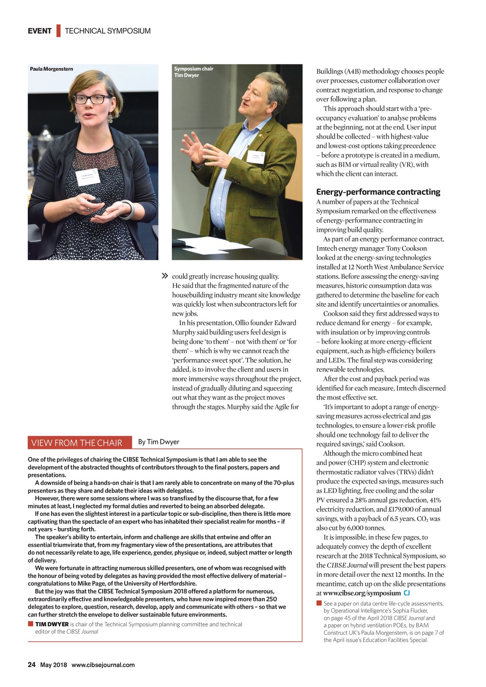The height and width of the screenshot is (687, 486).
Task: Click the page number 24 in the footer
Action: click(31, 665)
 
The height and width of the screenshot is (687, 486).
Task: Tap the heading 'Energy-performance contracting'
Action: click(378, 192)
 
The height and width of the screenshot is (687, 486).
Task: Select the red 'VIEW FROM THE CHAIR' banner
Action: click(76, 443)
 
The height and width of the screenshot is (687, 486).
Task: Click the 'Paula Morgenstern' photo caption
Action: click(51, 69)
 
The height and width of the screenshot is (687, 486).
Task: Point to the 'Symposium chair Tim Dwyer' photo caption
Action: click(193, 72)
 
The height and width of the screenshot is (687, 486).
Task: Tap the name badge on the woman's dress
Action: click(88, 177)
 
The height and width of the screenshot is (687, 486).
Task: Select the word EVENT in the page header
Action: click(39, 31)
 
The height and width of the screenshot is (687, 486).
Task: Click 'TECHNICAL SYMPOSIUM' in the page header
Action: click(108, 31)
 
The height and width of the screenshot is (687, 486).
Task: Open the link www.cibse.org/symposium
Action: click(362, 593)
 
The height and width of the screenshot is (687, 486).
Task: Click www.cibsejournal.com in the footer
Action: click(103, 665)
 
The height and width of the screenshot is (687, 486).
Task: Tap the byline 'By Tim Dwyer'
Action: click(159, 442)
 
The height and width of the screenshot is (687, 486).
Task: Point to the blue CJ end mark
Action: click(407, 593)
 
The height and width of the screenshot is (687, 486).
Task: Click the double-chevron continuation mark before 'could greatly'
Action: click(165, 276)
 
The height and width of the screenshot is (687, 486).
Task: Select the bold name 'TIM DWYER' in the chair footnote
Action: click(52, 624)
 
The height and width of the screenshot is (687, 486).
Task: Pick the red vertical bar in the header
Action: click(58, 31)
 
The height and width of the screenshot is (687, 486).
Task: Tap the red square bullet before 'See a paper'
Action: click(319, 603)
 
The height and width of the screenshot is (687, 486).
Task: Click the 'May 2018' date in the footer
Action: click(53, 665)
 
